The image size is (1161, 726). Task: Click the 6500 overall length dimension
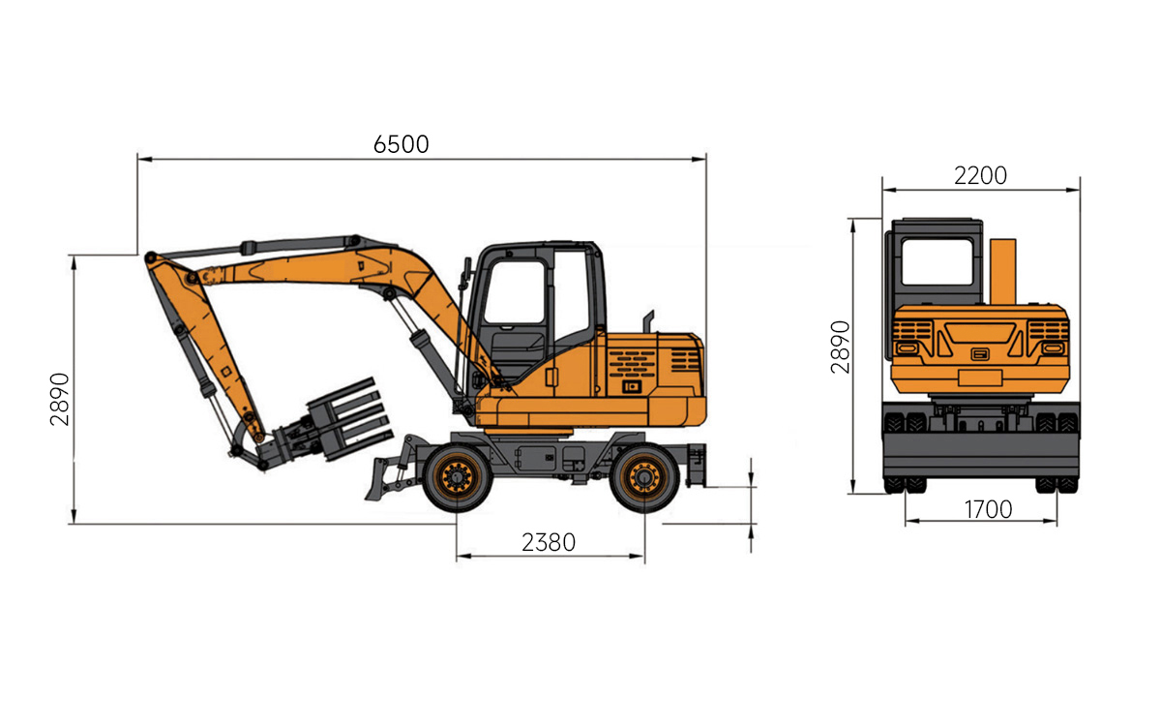[x=402, y=144]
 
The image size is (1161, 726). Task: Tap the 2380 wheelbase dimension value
[x=549, y=543]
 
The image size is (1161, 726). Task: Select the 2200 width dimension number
[x=981, y=176]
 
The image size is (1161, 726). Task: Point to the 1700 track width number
[x=988, y=510]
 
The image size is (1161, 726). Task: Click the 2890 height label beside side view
[x=60, y=399]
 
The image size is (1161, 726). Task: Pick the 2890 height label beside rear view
[x=840, y=347]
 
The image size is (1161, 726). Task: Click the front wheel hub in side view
[x=457, y=477]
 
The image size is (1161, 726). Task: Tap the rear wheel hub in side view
[x=644, y=477]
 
